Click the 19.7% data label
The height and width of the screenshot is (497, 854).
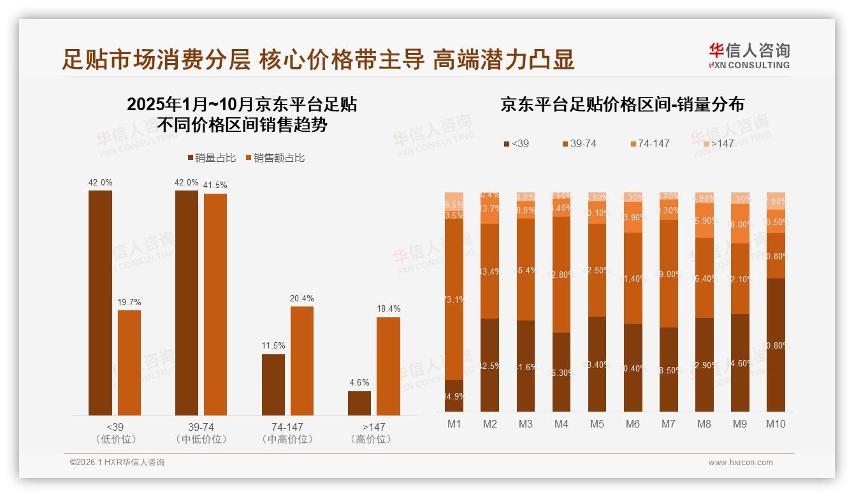129,302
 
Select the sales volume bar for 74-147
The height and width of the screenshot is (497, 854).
273,385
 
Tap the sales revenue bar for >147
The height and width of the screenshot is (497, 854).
388,366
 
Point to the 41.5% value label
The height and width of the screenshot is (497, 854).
215,185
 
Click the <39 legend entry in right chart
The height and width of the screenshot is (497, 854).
516,144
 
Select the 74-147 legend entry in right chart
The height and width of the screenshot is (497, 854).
649,144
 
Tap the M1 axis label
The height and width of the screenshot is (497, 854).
454,424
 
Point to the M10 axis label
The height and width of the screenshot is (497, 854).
776,424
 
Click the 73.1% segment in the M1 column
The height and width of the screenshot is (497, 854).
454,299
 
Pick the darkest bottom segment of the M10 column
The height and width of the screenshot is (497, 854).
776,345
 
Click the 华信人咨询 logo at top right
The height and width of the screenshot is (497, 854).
749,55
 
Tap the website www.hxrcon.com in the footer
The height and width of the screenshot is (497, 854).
740,463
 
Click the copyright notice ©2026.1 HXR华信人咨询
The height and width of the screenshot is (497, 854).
117,463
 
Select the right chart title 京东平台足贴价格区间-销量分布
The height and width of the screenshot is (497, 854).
622,105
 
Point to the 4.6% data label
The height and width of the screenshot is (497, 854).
359,383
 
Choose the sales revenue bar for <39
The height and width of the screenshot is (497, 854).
129,363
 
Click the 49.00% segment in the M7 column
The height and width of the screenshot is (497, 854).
669,274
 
